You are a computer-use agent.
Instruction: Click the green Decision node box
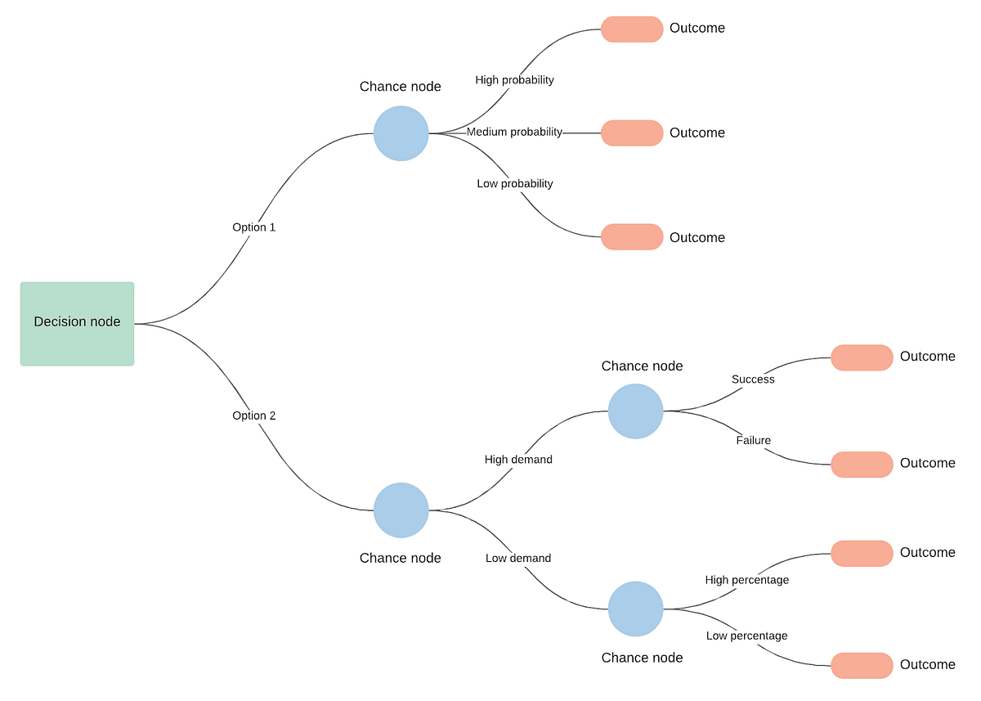[x=77, y=323]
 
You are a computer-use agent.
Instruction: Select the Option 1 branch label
[x=253, y=227]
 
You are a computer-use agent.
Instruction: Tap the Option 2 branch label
[x=253, y=416]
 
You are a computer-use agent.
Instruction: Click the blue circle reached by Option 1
[x=401, y=133]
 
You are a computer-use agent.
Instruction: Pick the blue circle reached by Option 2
[x=401, y=510]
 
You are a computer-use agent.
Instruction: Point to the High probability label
[x=514, y=80]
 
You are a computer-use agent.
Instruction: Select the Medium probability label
[x=514, y=132]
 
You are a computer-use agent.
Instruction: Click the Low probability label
[x=514, y=183]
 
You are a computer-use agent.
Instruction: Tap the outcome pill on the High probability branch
[x=632, y=29]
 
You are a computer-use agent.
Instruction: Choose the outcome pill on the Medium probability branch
[x=632, y=133]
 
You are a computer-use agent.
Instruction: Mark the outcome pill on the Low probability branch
[x=632, y=237]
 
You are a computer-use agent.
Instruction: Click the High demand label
[x=518, y=460]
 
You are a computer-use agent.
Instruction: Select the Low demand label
[x=518, y=558]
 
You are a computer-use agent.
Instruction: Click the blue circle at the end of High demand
[x=635, y=411]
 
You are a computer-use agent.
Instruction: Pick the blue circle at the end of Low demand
[x=635, y=609]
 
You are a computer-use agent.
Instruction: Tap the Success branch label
[x=753, y=380]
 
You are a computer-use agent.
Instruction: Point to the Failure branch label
[x=753, y=440]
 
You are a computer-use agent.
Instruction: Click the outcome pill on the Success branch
[x=862, y=357]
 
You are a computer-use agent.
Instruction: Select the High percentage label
[x=746, y=580]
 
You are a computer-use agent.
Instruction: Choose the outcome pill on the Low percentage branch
[x=862, y=666]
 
